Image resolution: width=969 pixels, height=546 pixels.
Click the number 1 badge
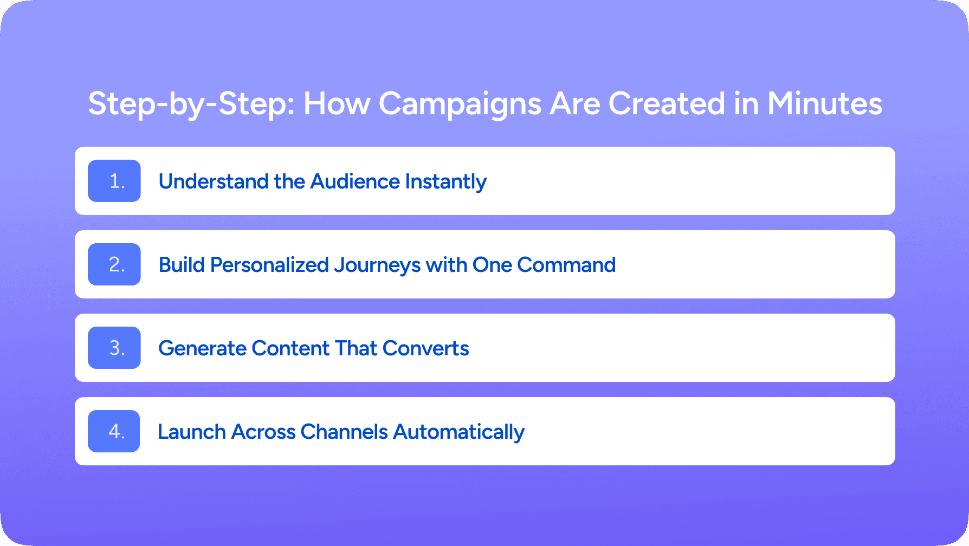pos(114,181)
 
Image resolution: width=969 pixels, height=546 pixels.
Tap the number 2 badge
pos(114,264)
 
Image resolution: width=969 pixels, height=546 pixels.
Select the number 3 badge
pos(114,348)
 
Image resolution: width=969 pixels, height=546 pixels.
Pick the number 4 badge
pos(114,431)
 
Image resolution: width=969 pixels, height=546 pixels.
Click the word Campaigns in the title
pos(460,105)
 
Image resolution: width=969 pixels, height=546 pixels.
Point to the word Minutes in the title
pos(825,103)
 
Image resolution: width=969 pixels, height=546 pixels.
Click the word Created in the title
pos(667,103)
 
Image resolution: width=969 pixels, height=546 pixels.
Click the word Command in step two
pos(566,265)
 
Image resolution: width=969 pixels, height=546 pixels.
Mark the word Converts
pos(426,348)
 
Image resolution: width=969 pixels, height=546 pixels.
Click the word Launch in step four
pos(192,432)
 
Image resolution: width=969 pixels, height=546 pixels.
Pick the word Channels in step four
pos(344,432)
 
